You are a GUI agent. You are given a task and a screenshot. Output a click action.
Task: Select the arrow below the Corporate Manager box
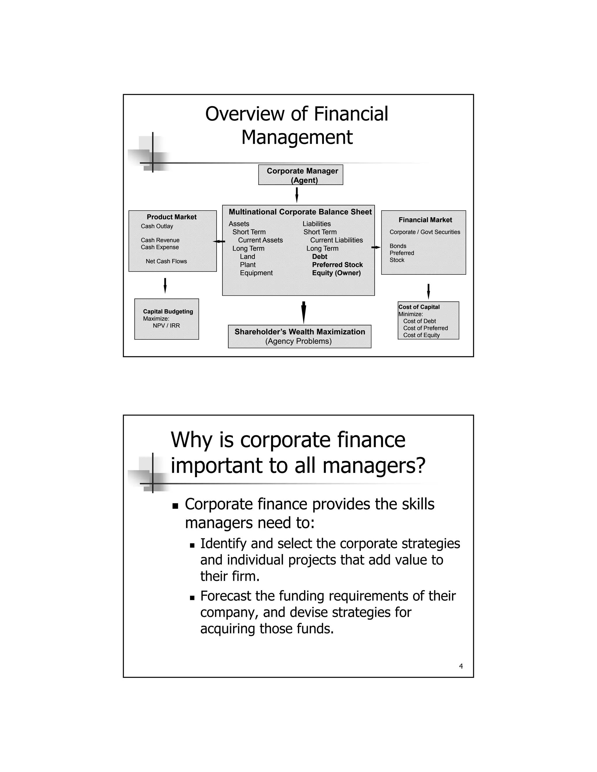(297, 195)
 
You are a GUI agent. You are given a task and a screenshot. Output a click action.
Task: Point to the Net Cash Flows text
(166, 261)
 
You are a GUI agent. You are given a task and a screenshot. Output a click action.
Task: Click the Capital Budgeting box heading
(168, 311)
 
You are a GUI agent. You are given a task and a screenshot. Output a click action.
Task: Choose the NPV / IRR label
(166, 326)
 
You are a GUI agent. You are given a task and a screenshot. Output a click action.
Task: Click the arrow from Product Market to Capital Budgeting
(165, 285)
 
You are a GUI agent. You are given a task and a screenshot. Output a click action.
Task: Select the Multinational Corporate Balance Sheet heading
(300, 212)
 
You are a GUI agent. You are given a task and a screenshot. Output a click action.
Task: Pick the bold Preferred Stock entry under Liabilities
(337, 265)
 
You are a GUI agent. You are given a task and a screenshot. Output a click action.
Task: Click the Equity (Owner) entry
(336, 273)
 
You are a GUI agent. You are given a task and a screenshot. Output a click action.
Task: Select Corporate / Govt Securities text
(425, 232)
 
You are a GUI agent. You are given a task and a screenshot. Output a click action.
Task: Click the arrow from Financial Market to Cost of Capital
(428, 291)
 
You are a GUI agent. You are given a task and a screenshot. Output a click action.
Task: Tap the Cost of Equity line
(421, 335)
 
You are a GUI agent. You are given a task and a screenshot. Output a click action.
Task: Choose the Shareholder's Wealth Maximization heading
(300, 332)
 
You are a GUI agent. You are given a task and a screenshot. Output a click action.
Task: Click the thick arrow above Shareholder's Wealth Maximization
(303, 312)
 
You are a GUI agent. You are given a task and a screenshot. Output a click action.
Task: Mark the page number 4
(461, 666)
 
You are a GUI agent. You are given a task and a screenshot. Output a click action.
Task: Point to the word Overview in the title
(245, 114)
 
